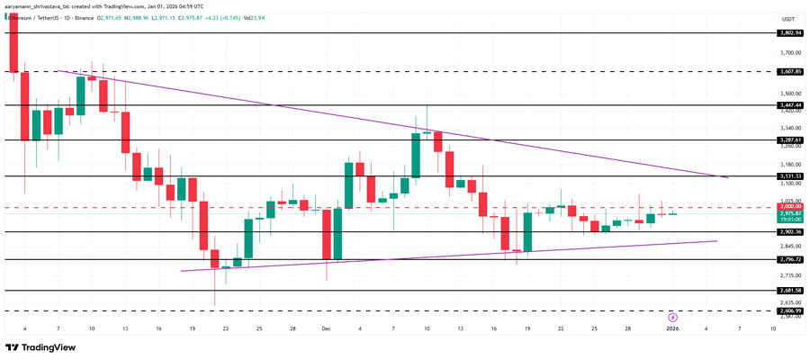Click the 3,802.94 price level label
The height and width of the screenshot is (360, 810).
[x=791, y=32]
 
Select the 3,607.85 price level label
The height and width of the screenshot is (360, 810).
[x=791, y=70]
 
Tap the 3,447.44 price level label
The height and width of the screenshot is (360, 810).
[x=791, y=104]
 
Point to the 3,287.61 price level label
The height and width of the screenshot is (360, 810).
[x=791, y=140]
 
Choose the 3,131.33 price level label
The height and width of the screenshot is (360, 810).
[x=791, y=175]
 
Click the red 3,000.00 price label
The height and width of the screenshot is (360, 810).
[x=791, y=207]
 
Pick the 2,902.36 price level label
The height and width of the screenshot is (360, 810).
[x=791, y=231]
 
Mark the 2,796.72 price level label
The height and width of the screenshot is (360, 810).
[x=791, y=259]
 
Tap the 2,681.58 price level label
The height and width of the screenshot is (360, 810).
[x=791, y=290]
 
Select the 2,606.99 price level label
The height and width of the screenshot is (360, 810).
[x=791, y=310]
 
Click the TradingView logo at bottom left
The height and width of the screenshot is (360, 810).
[x=40, y=348]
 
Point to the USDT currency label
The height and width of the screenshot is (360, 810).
[x=788, y=19]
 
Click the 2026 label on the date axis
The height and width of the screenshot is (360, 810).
[x=671, y=329]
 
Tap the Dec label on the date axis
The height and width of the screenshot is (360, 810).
[x=326, y=329]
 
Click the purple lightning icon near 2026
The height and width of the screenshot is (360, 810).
[x=672, y=317]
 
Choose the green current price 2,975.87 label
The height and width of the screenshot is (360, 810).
[x=791, y=214]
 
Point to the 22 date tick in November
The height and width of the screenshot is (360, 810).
[x=225, y=329]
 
